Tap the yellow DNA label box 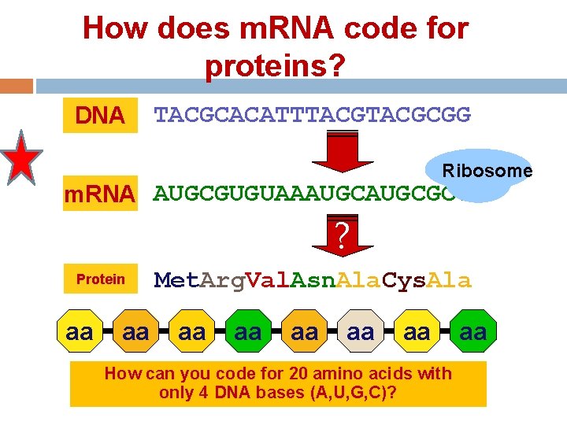click(99, 116)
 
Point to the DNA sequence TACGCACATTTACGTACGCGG click(313, 116)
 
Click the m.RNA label click(99, 194)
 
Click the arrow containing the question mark click(341, 236)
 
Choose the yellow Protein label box click(99, 279)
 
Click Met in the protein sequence click(172, 279)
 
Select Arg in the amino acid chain click(217, 279)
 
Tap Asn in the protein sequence click(308, 279)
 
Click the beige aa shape click(361, 333)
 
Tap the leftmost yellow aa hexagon click(79, 333)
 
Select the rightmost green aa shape click(472, 333)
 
